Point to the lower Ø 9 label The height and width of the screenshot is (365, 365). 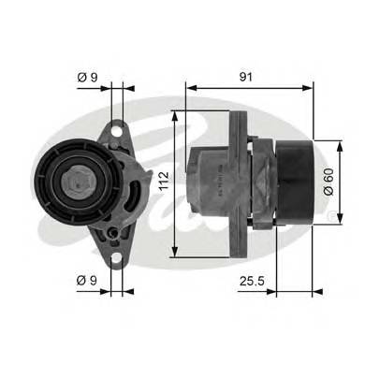click(87, 278)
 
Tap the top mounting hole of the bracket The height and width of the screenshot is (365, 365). click(118, 129)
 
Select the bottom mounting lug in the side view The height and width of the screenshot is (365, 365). click(240, 239)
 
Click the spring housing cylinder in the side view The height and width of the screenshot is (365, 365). click(211, 180)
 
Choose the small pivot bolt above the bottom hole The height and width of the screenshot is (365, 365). click(113, 230)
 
